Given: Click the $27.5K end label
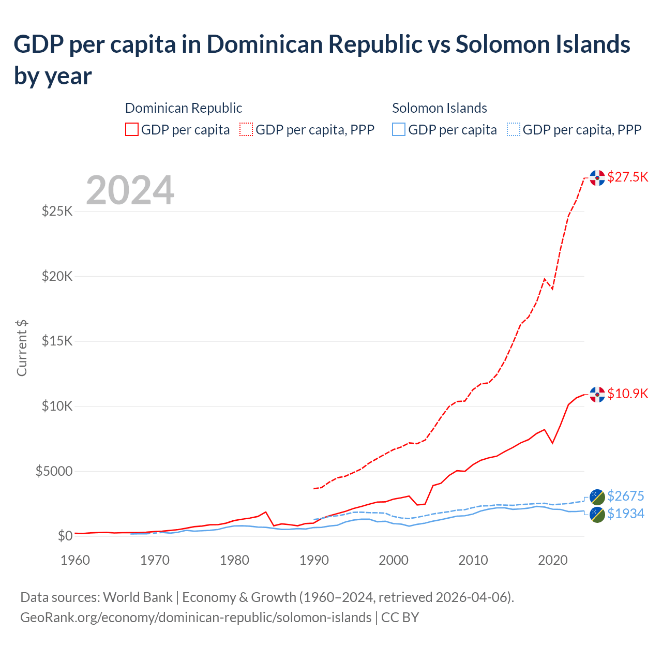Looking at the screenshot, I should click(x=627, y=177).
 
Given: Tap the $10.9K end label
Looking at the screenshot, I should click(x=627, y=394).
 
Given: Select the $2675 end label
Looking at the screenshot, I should click(x=625, y=496).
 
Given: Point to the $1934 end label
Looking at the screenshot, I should click(x=625, y=514).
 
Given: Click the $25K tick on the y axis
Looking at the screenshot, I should click(x=57, y=211).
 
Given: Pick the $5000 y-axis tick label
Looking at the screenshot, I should click(x=54, y=471).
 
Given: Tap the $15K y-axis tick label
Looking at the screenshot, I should click(x=57, y=341).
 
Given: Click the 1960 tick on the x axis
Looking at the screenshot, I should click(x=75, y=560).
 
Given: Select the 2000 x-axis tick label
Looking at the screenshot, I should click(x=394, y=560).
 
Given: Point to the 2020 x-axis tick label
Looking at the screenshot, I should click(x=553, y=560).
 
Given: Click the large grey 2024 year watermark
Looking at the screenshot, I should click(x=130, y=190).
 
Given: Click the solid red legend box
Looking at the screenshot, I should click(x=132, y=129).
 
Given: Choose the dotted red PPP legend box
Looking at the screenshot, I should click(x=246, y=129).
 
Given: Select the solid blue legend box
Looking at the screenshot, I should click(x=399, y=129).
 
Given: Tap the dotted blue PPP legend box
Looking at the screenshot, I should click(x=513, y=129).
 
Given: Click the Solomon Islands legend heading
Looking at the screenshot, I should click(x=439, y=108).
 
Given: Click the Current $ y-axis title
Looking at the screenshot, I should click(x=22, y=348).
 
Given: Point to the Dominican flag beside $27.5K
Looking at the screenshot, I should click(x=597, y=177).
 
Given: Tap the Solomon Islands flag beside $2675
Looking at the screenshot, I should click(x=597, y=496).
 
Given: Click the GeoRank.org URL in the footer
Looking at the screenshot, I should click(x=195, y=618).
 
